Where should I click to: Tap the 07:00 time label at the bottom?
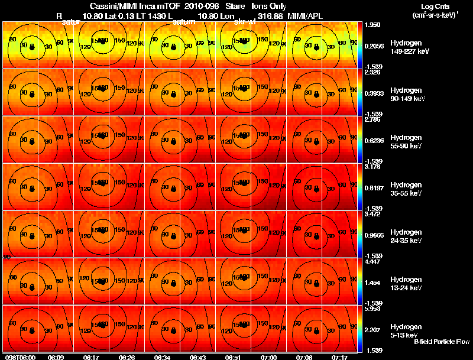[269, 356]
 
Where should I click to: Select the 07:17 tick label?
[339, 356]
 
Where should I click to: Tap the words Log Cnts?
[434, 7]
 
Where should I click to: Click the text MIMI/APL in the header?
[305, 16]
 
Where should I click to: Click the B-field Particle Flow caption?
[441, 342]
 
